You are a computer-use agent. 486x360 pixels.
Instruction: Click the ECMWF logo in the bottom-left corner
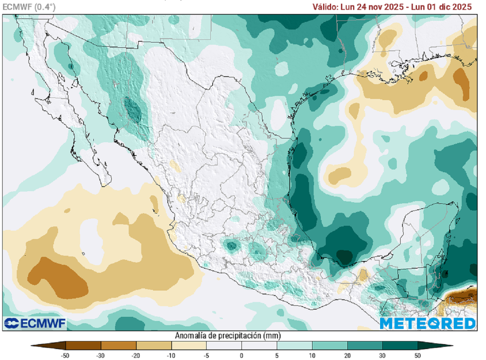(x=35, y=323)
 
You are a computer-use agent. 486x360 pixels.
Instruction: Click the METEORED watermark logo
(x=428, y=323)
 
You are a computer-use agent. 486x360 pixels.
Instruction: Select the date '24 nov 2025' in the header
(x=379, y=7)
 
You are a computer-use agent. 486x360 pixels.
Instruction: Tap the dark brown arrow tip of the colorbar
(x=38, y=345)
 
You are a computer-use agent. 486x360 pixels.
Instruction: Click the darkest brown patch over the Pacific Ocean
(x=59, y=277)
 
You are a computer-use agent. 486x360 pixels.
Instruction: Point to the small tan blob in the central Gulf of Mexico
(x=338, y=175)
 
